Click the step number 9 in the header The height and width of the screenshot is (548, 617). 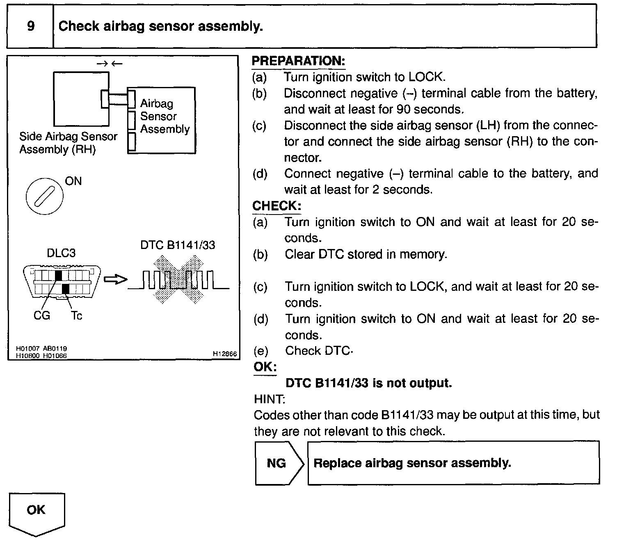pyautogui.click(x=31, y=27)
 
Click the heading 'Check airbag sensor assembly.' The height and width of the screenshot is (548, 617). pyautogui.click(x=160, y=27)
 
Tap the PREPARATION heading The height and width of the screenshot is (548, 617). pyautogui.click(x=298, y=61)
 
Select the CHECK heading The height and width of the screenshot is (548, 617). pyautogui.click(x=277, y=206)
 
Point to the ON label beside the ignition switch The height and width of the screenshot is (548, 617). pyautogui.click(x=73, y=181)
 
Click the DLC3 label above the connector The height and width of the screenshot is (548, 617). pyautogui.click(x=61, y=253)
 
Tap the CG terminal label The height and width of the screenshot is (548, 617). pyautogui.click(x=41, y=315)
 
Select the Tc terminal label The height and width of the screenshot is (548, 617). pyautogui.click(x=77, y=315)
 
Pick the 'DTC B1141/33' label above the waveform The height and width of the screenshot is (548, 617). pyautogui.click(x=178, y=245)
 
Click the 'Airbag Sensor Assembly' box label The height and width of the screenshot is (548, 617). pyautogui.click(x=165, y=116)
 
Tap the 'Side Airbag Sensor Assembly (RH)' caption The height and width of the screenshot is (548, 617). pyautogui.click(x=68, y=143)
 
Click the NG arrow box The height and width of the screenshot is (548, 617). pyautogui.click(x=279, y=463)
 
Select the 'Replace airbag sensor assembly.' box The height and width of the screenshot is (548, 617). pyautogui.click(x=453, y=463)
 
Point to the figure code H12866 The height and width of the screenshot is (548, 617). pyautogui.click(x=225, y=354)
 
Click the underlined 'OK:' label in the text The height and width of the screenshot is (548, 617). pyautogui.click(x=265, y=367)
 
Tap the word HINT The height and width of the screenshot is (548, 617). pyautogui.click(x=270, y=399)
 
